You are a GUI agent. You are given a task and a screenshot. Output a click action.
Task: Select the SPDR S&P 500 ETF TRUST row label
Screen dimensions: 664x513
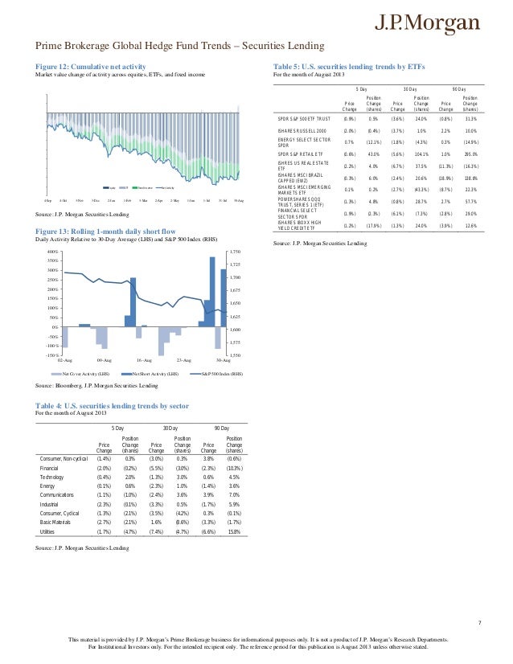299,119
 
